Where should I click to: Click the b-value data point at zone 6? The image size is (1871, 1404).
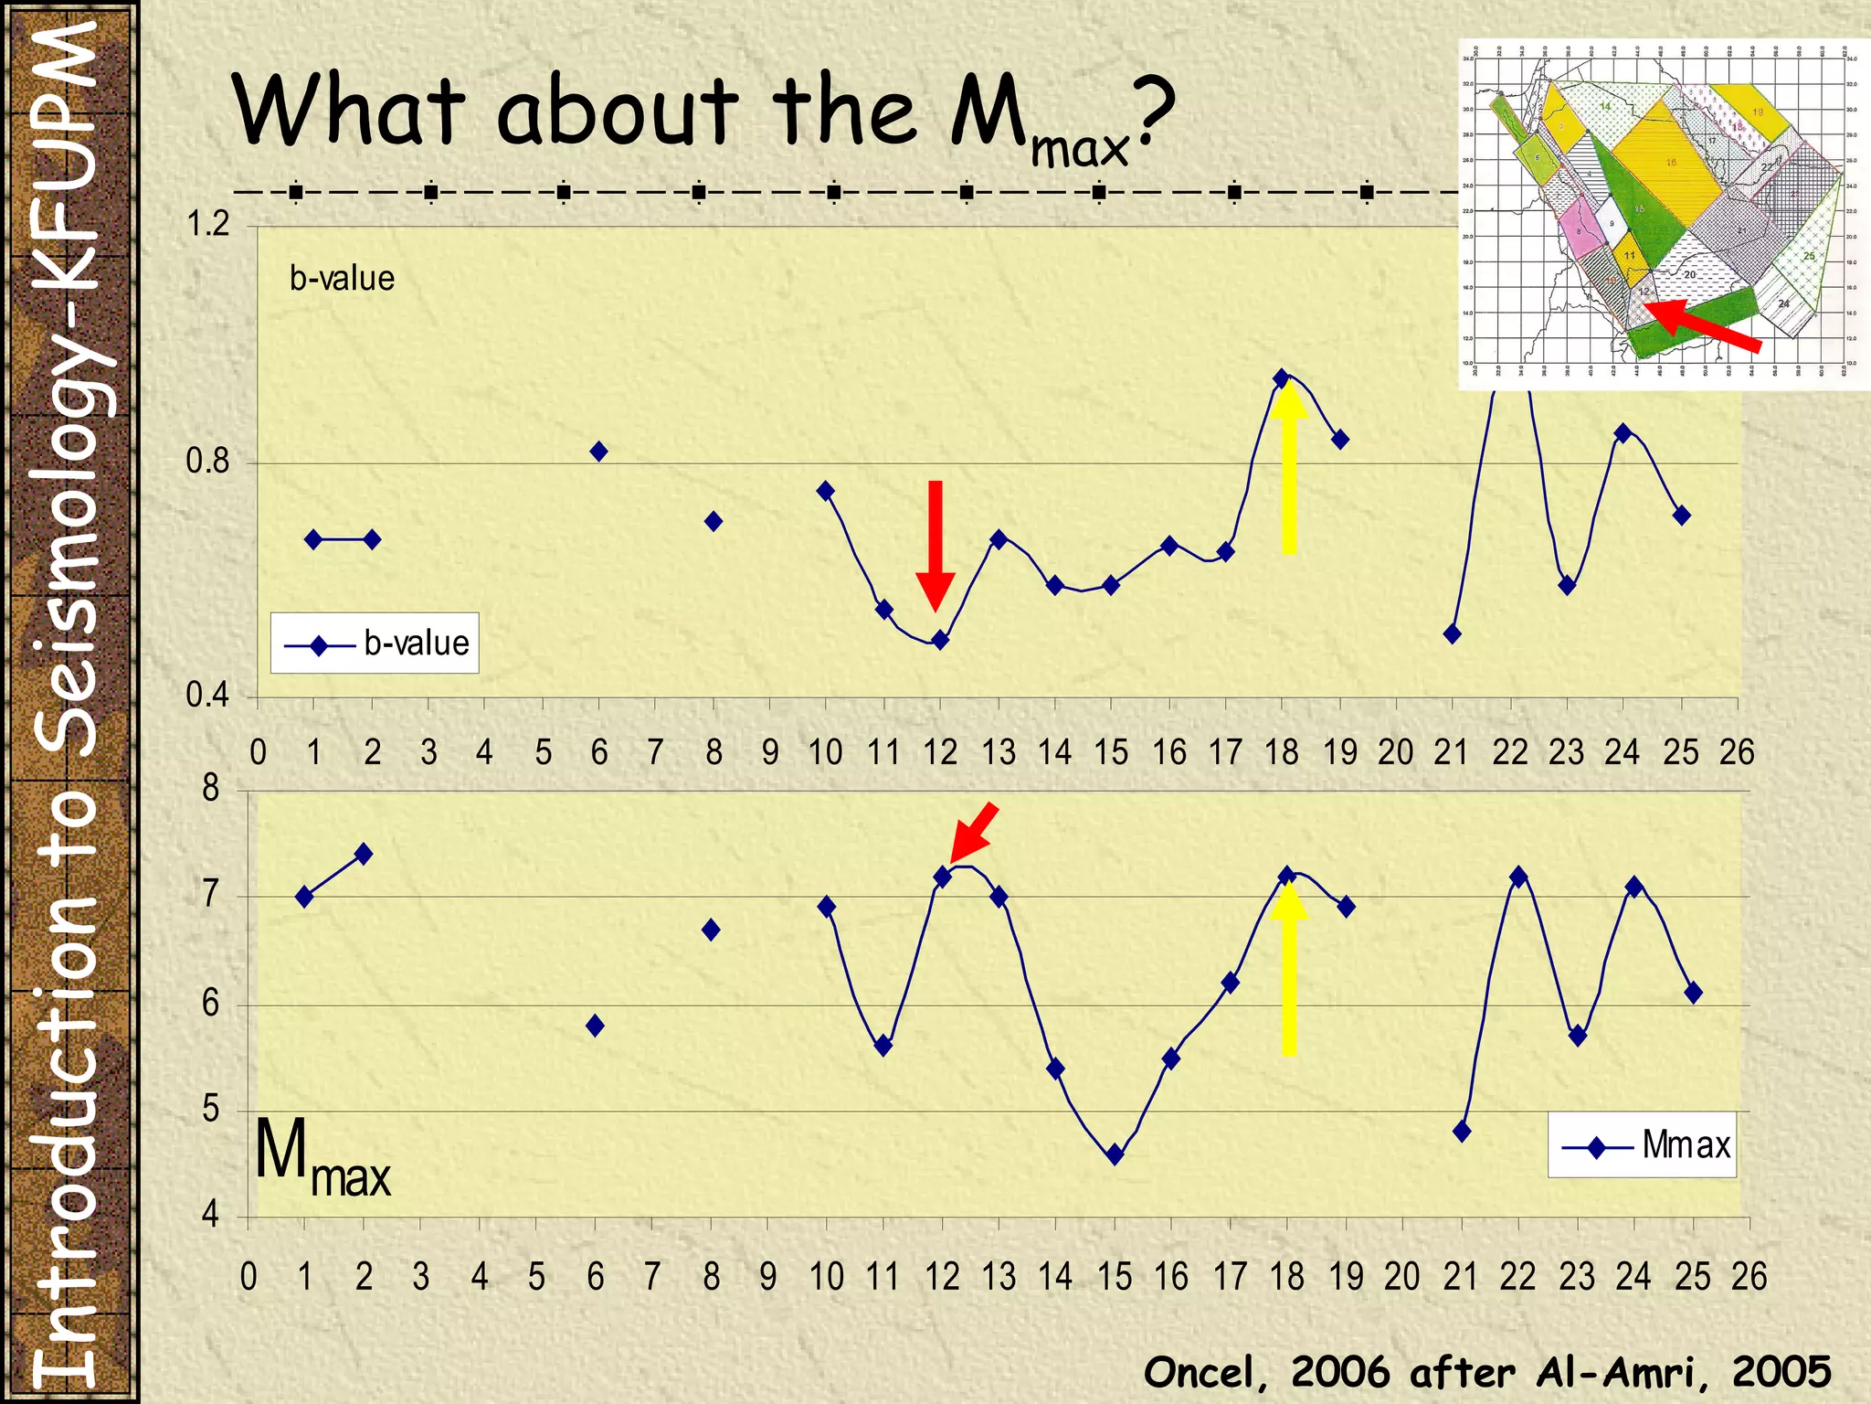pyautogui.click(x=598, y=451)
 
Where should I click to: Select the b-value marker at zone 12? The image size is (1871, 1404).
pyautogui.click(x=940, y=640)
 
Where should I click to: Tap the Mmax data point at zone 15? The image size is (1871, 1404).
pyautogui.click(x=1114, y=1154)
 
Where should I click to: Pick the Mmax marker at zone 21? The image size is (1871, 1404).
pyautogui.click(x=1462, y=1131)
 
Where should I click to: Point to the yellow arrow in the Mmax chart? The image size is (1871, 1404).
pyautogui.click(x=1289, y=969)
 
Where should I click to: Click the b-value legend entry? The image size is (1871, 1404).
pyautogui.click(x=375, y=643)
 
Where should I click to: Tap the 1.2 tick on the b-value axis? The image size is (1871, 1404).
pyautogui.click(x=208, y=224)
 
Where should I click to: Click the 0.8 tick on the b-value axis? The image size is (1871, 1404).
pyautogui.click(x=208, y=462)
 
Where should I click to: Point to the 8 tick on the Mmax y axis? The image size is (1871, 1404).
pyautogui.click(x=211, y=788)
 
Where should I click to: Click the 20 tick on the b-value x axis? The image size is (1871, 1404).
pyautogui.click(x=1395, y=752)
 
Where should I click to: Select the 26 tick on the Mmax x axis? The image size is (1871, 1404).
pyautogui.click(x=1749, y=1277)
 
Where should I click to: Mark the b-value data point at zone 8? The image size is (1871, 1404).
pyautogui.click(x=714, y=521)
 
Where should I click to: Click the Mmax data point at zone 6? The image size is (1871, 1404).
pyautogui.click(x=595, y=1026)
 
